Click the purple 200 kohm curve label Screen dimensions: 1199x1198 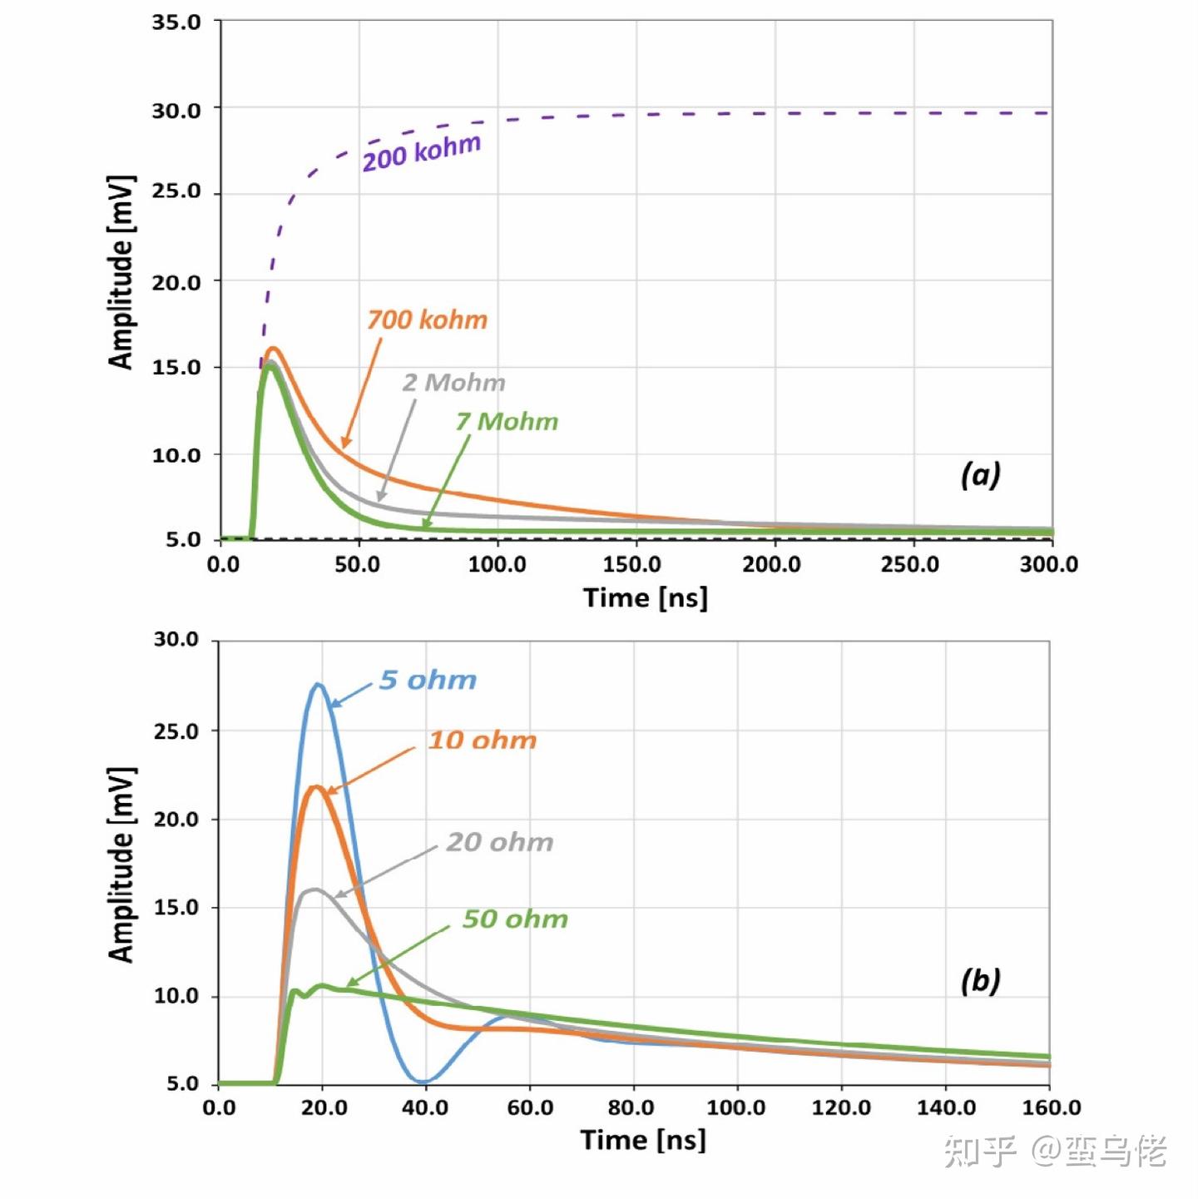(x=421, y=152)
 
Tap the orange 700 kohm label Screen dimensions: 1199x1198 (x=428, y=320)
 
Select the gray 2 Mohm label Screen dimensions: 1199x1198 (x=454, y=383)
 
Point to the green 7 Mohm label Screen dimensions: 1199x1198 (x=507, y=422)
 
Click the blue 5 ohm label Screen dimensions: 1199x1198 (x=428, y=681)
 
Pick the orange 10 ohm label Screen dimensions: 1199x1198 (x=483, y=741)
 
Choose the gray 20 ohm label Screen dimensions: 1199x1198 (x=500, y=842)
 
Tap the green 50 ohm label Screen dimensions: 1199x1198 (x=515, y=919)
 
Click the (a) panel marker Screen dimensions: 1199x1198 (x=980, y=474)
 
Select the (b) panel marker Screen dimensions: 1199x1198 (x=980, y=981)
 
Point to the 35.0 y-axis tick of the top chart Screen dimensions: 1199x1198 (x=176, y=22)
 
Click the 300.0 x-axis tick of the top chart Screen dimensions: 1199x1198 (x=1048, y=565)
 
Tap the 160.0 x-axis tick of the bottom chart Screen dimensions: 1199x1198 (x=1051, y=1108)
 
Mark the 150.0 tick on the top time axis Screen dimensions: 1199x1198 (x=632, y=565)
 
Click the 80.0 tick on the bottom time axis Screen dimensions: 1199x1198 (x=631, y=1108)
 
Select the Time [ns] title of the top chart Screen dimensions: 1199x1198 (x=645, y=598)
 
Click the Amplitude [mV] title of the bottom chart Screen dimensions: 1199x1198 (x=121, y=865)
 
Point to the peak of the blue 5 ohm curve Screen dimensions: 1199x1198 (x=318, y=685)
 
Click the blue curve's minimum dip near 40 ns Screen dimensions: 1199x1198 (x=423, y=1082)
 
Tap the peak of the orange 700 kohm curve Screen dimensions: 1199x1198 (x=272, y=349)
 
